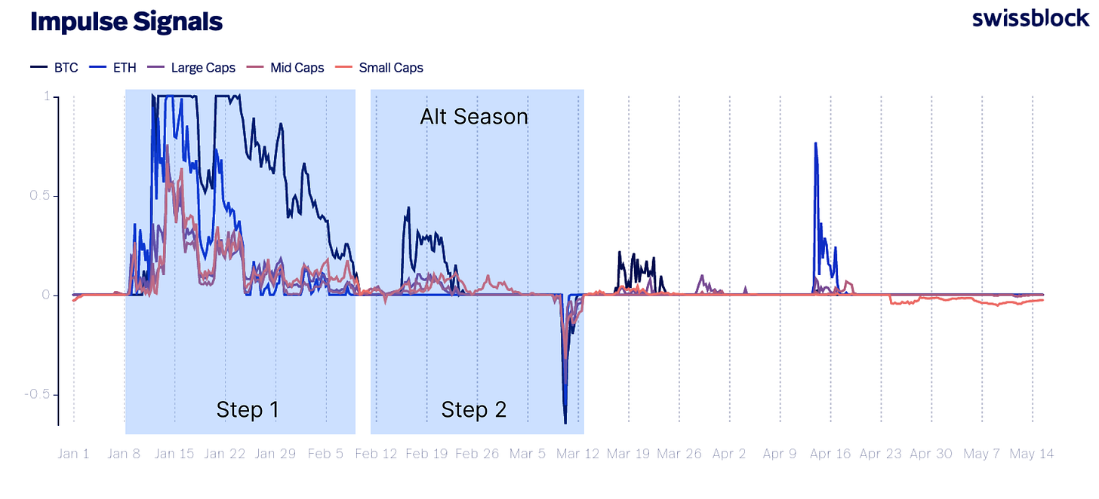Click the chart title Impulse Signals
pyautogui.click(x=126, y=22)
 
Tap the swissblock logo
pyautogui.click(x=1030, y=19)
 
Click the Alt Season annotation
pyautogui.click(x=473, y=117)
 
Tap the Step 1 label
pyautogui.click(x=247, y=409)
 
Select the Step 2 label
pyautogui.click(x=473, y=409)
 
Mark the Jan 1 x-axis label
pyautogui.click(x=73, y=454)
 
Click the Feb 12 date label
pyautogui.click(x=377, y=454)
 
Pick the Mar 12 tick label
pyautogui.click(x=578, y=454)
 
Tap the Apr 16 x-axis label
pyautogui.click(x=830, y=454)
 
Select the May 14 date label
pyautogui.click(x=1032, y=454)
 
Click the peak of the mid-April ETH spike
pyautogui.click(x=815, y=143)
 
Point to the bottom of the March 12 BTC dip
pyautogui.click(x=565, y=423)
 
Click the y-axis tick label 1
pyautogui.click(x=47, y=96)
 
